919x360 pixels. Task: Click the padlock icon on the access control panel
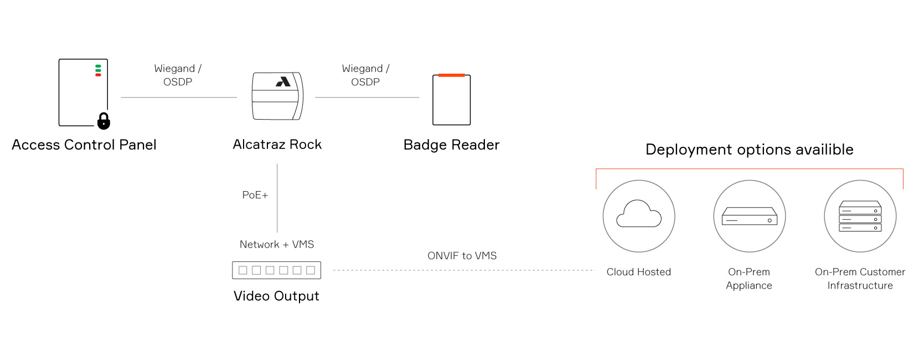104,121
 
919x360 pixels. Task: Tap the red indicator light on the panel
98,75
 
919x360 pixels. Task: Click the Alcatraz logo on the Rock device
283,81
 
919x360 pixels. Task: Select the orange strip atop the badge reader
451,75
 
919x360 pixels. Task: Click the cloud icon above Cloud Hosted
639,213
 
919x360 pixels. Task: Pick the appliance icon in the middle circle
750,216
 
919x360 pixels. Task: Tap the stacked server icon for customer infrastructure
860,216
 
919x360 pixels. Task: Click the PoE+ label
255,195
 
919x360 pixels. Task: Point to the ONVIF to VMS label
462,256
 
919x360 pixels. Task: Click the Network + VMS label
276,245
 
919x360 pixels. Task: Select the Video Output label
276,296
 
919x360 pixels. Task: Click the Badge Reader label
451,145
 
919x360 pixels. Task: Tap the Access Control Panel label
84,145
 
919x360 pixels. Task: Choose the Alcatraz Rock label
277,145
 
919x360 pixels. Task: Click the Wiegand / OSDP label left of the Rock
178,75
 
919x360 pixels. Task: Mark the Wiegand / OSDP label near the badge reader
365,75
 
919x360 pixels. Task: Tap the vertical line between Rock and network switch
277,198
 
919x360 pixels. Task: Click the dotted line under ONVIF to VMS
464,270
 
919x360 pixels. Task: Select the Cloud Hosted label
639,272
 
